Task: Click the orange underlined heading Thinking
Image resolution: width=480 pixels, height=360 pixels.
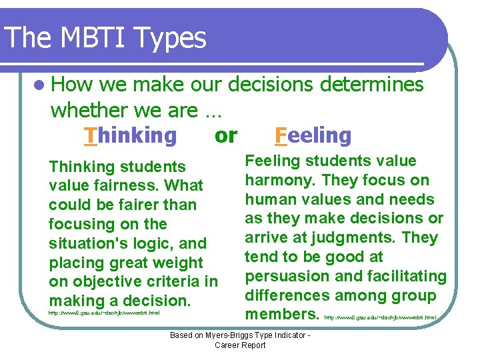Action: pos(131,135)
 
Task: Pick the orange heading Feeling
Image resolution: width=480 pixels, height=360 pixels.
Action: pos(313,135)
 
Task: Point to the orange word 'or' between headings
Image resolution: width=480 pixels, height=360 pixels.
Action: pos(226,135)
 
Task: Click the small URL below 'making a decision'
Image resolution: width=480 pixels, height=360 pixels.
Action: pos(103,312)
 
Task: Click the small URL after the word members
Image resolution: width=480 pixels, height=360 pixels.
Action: pos(381,317)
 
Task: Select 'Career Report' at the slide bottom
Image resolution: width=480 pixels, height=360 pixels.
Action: pos(240,345)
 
